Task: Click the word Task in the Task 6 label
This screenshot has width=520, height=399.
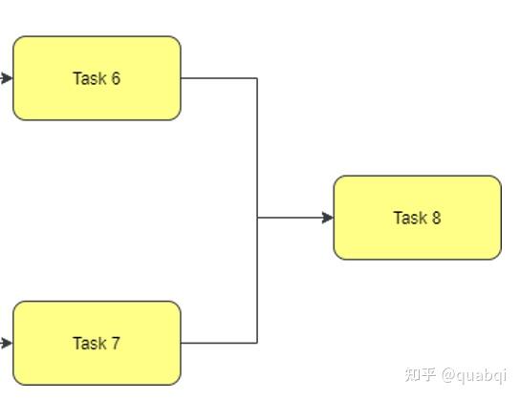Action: coord(88,78)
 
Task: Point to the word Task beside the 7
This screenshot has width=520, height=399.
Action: coord(88,343)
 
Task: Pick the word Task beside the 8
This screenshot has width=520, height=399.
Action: coord(409,218)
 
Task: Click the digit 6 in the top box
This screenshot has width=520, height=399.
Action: coord(116,78)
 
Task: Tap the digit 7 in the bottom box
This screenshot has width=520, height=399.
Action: coord(116,343)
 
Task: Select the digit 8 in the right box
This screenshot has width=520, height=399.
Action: coord(436,218)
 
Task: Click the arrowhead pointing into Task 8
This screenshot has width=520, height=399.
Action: coord(328,218)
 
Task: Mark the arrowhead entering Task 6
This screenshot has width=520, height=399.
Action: coord(8,78)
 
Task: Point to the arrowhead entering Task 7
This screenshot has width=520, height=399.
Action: coord(8,343)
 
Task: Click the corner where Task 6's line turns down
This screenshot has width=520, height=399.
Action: coord(257,78)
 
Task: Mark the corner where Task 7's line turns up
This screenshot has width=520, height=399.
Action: coord(257,343)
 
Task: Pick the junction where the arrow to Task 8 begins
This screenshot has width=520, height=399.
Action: coord(257,218)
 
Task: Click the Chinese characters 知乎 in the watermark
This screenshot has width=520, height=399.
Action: coord(422,373)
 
